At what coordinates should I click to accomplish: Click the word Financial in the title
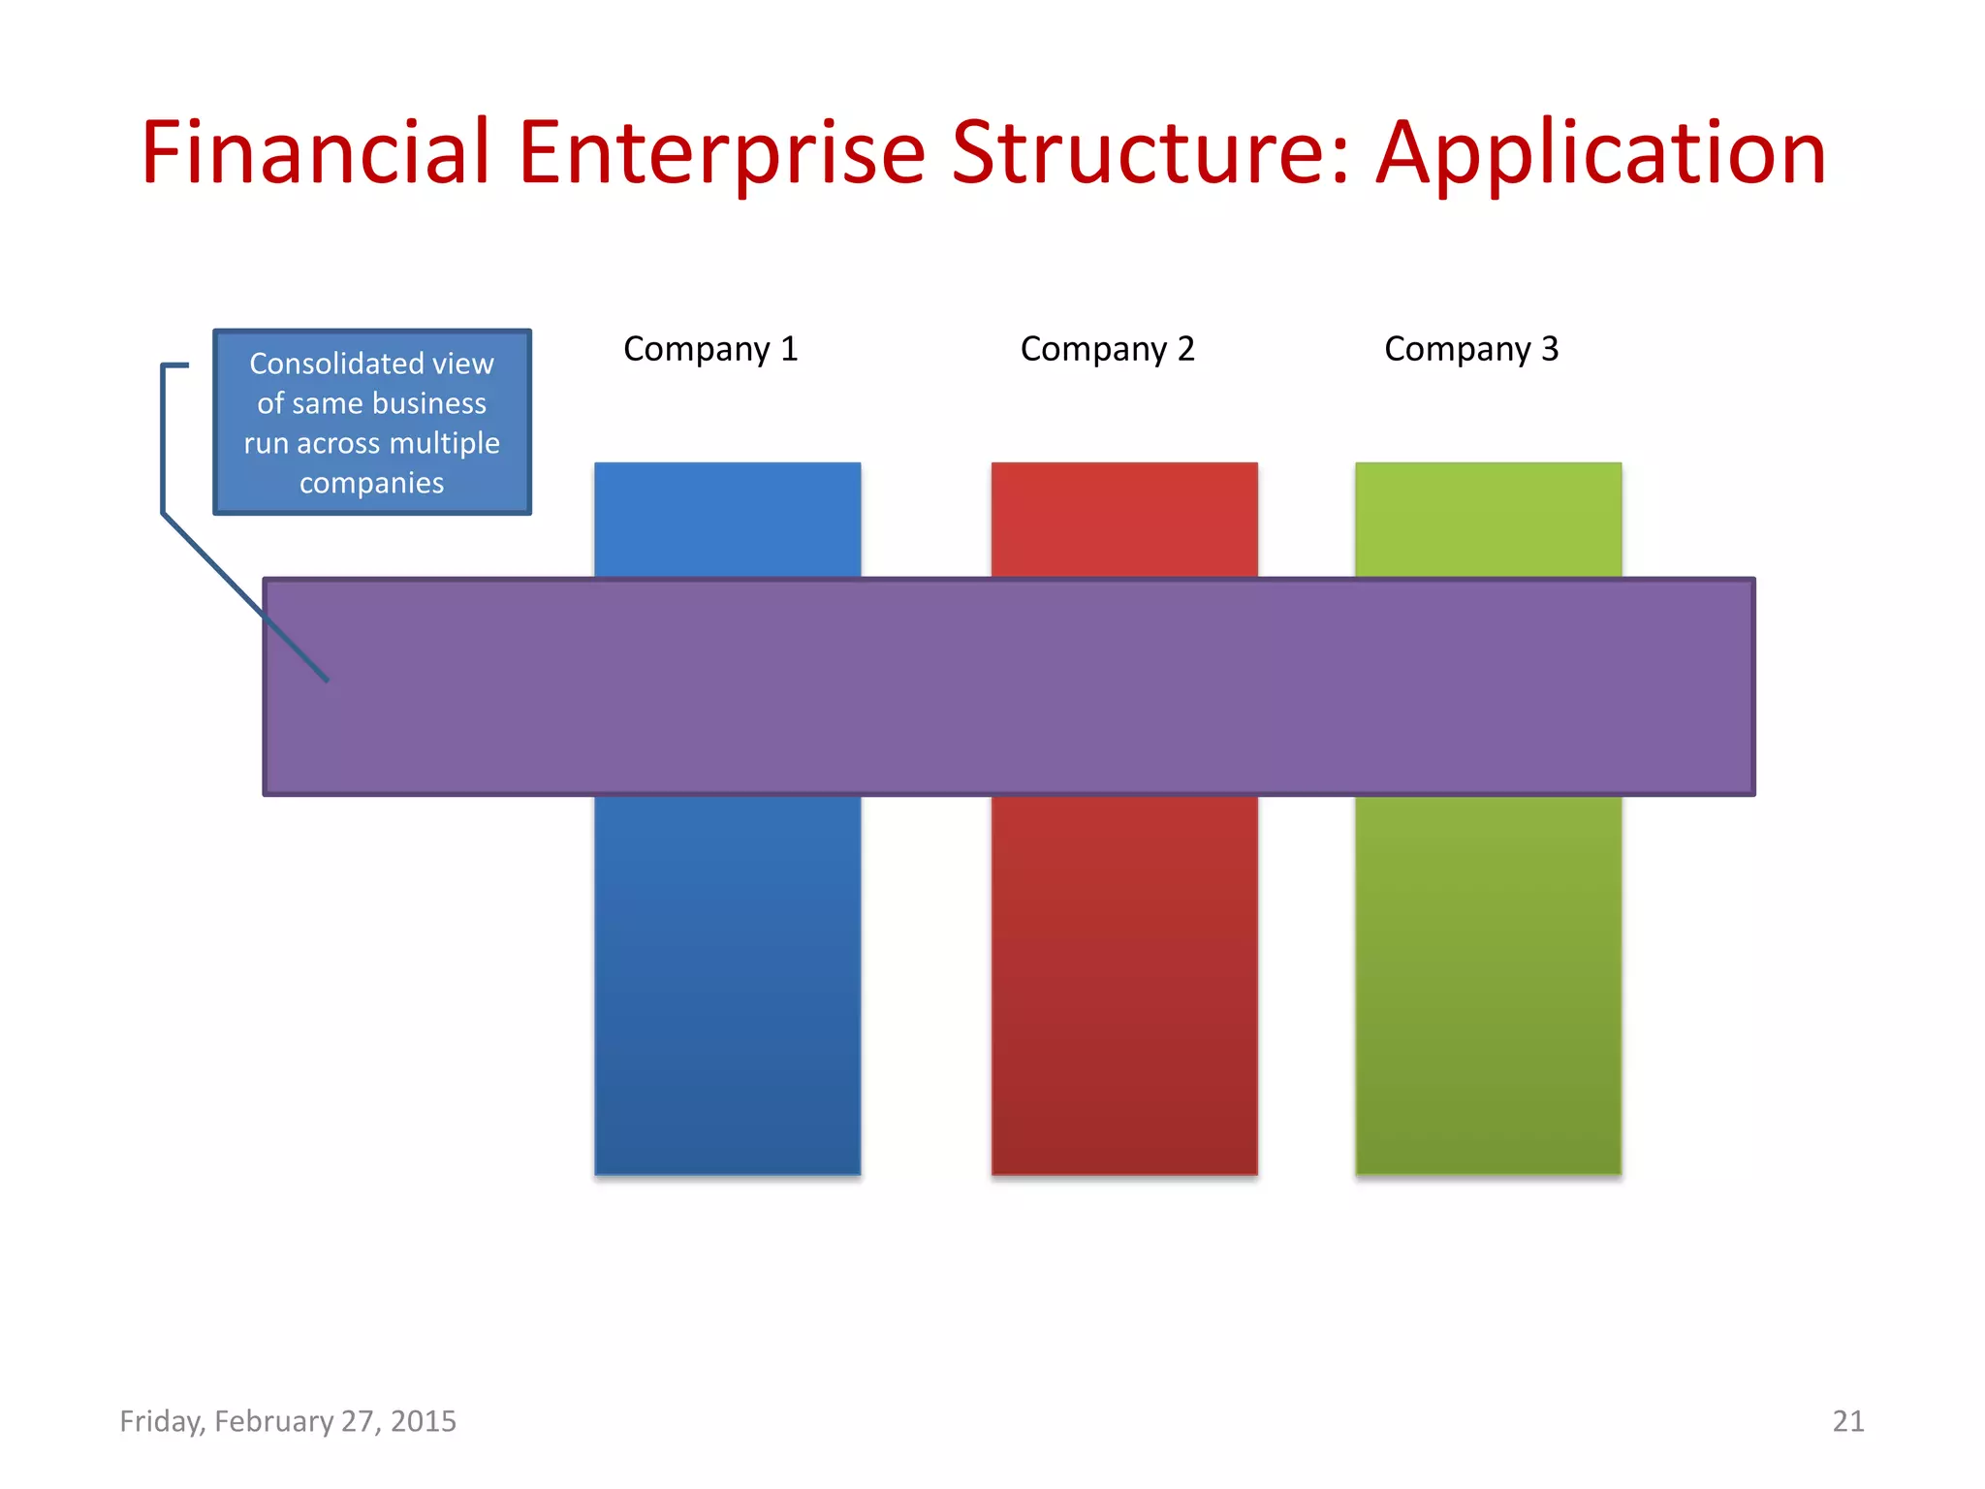coord(315,152)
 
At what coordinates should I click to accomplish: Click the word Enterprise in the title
coord(722,152)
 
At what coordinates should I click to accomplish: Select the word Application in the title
coord(1601,152)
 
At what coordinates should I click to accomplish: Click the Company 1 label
coord(710,349)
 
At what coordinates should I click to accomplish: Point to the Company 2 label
coord(1107,349)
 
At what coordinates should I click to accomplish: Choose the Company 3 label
coord(1471,349)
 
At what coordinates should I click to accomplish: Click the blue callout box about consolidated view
coord(372,423)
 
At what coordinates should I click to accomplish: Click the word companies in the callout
coord(371,483)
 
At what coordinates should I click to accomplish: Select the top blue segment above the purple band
coord(727,520)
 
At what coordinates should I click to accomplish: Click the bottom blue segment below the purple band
coord(727,984)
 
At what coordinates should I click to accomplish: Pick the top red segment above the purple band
coord(1124,520)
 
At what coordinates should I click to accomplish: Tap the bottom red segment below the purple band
coord(1124,984)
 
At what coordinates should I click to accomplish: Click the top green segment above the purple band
coord(1488,520)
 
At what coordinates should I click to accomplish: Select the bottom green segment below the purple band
coord(1488,984)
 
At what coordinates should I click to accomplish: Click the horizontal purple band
coord(1008,686)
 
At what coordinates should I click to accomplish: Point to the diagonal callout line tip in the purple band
coord(327,680)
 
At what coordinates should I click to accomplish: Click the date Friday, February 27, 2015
coord(288,1421)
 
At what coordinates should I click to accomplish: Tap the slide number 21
coord(1847,1421)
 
